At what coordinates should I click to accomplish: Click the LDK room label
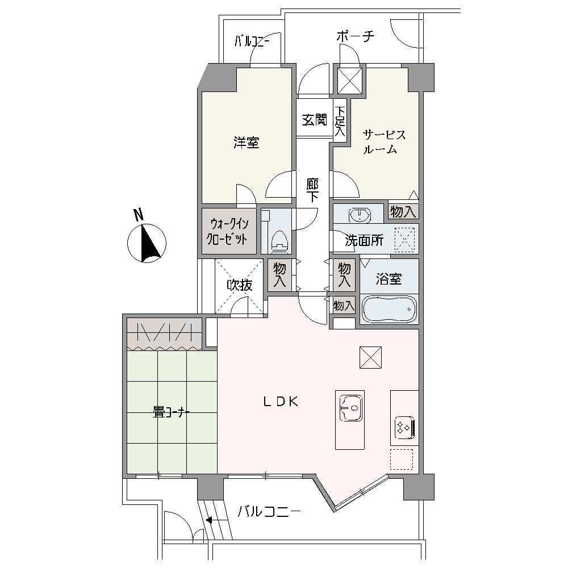pos(281,402)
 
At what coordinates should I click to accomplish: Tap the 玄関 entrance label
pos(315,120)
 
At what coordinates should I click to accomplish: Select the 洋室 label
pos(247,143)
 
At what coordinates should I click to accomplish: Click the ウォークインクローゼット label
pos(227,232)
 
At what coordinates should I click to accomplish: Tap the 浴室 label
pos(389,279)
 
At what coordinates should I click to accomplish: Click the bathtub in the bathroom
pos(390,309)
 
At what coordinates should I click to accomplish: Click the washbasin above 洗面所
pos(360,215)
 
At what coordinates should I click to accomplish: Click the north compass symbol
pos(147,243)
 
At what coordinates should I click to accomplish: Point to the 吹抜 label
pos(240,286)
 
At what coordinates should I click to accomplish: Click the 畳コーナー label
pos(172,412)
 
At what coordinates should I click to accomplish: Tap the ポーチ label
pos(355,36)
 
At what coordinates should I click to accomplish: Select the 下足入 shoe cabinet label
pos(340,121)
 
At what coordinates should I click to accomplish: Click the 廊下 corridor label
pos(312,190)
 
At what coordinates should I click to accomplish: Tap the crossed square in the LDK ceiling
pos(370,357)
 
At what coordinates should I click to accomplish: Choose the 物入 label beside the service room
pos(403,211)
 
